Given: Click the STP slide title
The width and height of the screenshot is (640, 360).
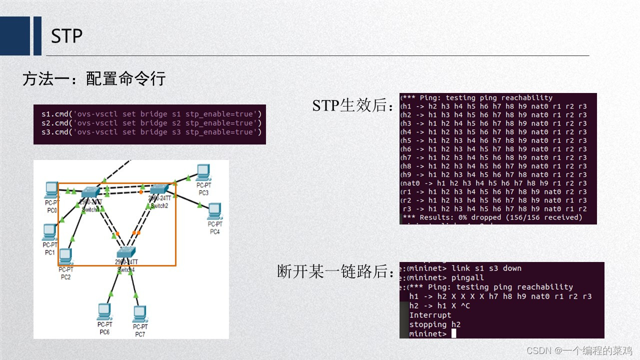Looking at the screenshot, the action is pos(66,36).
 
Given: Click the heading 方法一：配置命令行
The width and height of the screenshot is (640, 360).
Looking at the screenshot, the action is pos(93,78).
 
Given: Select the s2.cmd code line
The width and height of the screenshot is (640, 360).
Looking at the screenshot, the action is pos(151,123).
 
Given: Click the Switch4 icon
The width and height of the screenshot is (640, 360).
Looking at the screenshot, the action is pos(126,252).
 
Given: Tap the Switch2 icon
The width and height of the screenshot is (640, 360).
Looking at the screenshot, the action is pos(160,189).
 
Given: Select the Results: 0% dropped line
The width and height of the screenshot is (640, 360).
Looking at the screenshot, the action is pos(492,217).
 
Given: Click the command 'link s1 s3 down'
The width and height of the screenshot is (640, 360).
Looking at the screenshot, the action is pos(486,268).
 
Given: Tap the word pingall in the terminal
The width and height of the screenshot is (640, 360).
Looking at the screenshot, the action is pos(467,277).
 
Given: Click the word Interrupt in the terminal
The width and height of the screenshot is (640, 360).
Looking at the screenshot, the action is pos(430,315).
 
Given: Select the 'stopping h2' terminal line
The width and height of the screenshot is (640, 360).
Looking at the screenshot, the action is pos(434,324).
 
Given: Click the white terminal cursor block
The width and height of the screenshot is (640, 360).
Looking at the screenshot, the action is pos(453,333).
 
